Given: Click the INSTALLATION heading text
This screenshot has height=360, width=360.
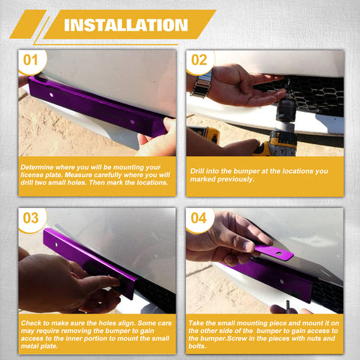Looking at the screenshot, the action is tap(126, 25).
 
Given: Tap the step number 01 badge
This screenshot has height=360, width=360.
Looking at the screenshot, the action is tap(31, 60).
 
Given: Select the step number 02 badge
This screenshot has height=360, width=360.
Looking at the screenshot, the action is tap(199, 60).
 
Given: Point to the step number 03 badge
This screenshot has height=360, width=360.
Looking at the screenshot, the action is tap(31, 218).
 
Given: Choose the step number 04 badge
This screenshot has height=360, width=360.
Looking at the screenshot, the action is tap(199, 218).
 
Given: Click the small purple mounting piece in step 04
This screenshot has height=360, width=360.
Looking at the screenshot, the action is tap(274, 252).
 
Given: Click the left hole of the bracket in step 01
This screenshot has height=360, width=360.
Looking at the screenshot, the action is tap(51, 95).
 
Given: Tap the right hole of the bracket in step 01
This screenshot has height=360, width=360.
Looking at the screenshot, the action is tap(132, 122).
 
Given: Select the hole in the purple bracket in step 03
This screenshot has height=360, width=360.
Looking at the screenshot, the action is tap(56, 244).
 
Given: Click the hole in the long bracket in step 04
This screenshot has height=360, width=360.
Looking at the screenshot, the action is tap(282, 282).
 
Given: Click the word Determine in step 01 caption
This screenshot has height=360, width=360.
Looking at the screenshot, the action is tap(37, 167).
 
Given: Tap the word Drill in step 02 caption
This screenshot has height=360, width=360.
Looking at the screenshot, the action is tap(196, 171).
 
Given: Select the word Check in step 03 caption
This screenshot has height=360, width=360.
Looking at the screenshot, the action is tap(31, 323).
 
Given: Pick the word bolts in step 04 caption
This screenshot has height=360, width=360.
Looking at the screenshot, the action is tap(197, 346).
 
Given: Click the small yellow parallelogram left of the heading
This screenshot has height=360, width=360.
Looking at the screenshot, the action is tap(28, 24).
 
